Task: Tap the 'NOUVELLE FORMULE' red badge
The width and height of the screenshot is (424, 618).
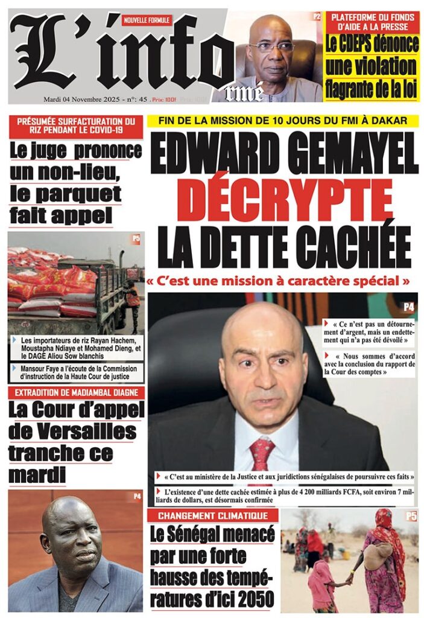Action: click(x=147, y=20)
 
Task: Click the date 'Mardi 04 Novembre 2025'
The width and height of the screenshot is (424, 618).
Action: click(x=81, y=99)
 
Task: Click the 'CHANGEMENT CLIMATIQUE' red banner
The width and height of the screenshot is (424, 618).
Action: click(x=213, y=516)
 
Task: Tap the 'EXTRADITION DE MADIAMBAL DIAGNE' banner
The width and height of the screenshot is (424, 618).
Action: click(x=76, y=393)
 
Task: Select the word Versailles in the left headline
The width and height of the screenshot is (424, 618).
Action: click(x=73, y=432)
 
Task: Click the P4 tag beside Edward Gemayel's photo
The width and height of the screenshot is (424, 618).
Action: click(x=408, y=307)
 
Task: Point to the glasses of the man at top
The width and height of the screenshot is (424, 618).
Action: click(x=271, y=46)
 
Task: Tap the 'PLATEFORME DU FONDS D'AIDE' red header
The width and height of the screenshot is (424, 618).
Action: click(x=373, y=22)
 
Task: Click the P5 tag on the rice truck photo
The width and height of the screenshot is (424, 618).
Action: click(x=136, y=239)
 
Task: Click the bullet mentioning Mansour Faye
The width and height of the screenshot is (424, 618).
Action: click(x=75, y=372)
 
